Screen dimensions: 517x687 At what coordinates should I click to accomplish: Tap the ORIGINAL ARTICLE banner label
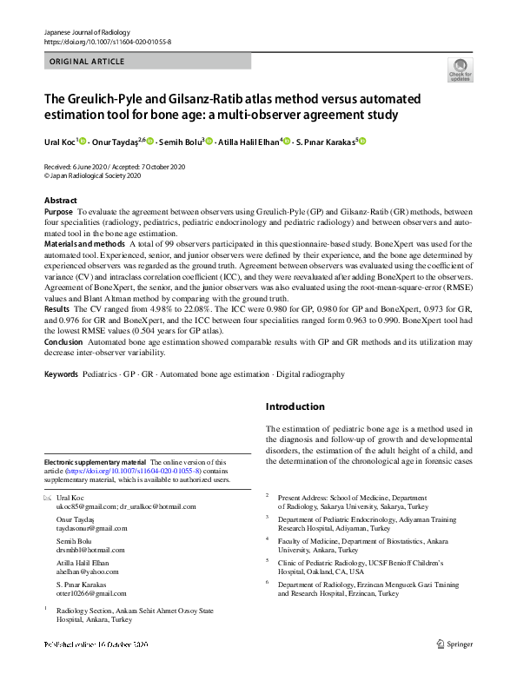pos(87,62)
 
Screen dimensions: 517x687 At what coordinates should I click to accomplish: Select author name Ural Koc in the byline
pos(59,141)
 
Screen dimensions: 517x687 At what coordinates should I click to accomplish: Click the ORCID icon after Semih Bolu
pos(209,141)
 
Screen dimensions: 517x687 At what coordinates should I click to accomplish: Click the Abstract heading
pos(60,201)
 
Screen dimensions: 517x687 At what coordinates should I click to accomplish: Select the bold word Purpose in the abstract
pos(58,211)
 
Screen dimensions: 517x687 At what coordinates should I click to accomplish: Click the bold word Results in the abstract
pos(56,308)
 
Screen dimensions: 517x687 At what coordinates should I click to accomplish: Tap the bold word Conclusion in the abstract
pos(63,342)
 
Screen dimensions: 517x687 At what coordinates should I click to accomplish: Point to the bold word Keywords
pos(61,374)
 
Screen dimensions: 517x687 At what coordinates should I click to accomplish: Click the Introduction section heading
pos(295,406)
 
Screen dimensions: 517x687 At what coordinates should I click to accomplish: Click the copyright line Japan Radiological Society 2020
pos(95,174)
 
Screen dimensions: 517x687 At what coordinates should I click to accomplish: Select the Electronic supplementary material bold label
pos(96,462)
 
